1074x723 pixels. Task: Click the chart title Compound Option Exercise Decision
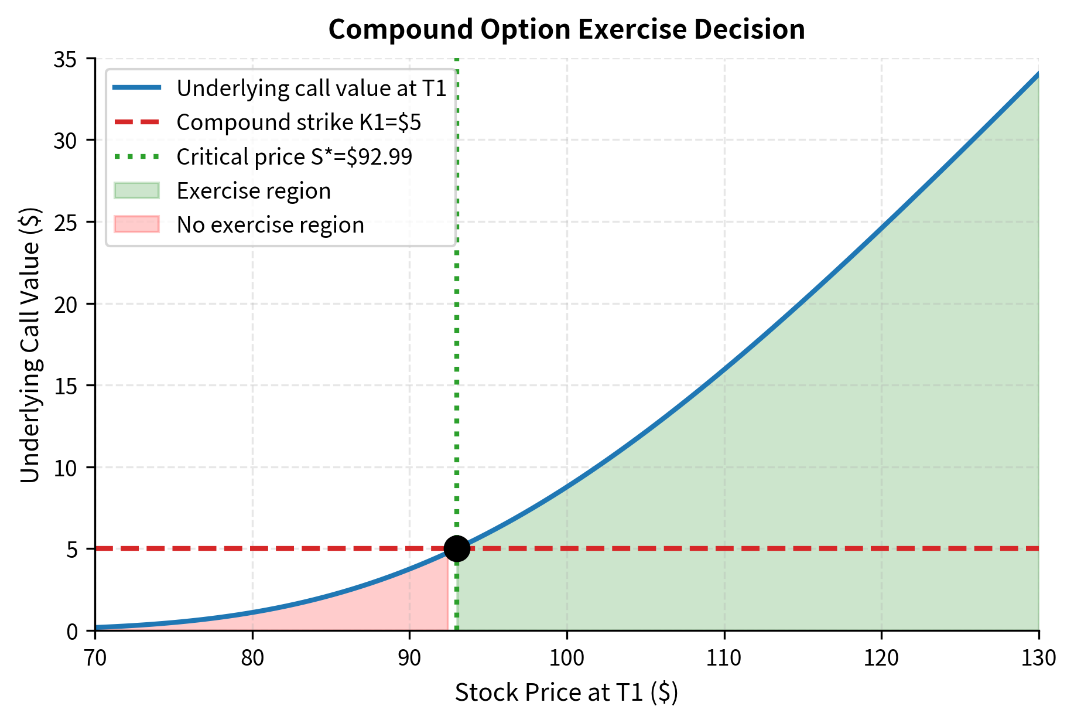click(566, 29)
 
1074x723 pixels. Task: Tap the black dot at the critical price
click(457, 548)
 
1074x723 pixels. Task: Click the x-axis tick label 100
click(567, 658)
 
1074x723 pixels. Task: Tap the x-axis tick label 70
click(95, 658)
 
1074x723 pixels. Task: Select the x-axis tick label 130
click(1039, 658)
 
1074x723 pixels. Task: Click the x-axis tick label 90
click(409, 658)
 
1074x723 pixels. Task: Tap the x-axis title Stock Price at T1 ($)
click(566, 693)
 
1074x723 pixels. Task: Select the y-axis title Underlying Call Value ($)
click(30, 345)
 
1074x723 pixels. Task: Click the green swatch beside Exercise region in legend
click(136, 191)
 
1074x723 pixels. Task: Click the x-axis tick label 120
click(881, 658)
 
